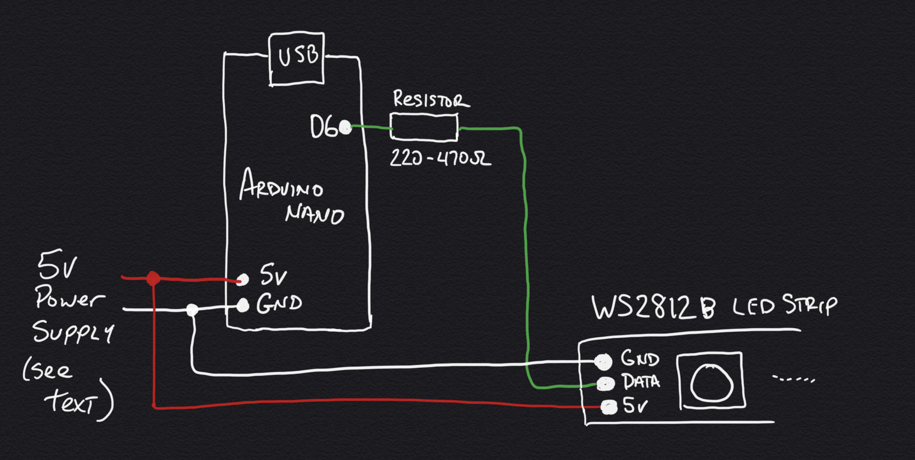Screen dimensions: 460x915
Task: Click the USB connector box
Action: [297, 59]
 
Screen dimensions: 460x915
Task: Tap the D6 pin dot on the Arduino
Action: [345, 127]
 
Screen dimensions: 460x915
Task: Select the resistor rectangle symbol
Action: [423, 128]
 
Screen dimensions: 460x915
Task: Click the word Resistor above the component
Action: [431, 99]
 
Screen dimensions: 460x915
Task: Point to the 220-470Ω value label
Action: [440, 158]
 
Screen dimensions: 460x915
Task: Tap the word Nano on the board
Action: [314, 213]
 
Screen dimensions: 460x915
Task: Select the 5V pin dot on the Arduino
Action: [242, 280]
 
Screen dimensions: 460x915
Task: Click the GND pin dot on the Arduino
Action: [242, 306]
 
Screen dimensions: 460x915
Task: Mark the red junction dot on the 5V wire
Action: [153, 279]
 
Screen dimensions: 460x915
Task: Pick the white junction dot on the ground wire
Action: [192, 310]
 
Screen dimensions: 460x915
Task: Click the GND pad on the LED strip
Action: [603, 361]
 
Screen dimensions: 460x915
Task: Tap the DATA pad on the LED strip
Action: [606, 383]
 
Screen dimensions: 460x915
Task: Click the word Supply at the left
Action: [73, 332]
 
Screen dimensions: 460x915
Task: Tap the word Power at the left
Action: [70, 299]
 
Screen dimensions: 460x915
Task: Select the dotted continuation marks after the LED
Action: [793, 378]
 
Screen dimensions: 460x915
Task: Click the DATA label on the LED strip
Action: [640, 381]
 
